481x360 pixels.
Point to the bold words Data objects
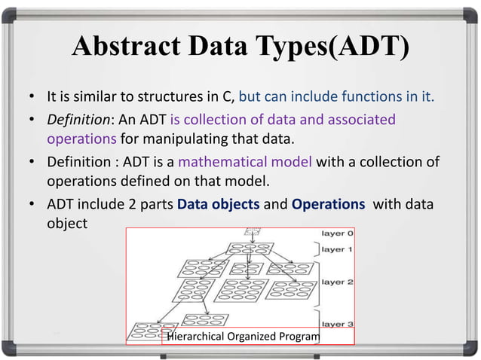pyautogui.click(x=224, y=203)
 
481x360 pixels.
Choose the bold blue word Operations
pyautogui.click(x=329, y=203)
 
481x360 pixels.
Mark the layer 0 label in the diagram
pyautogui.click(x=337, y=233)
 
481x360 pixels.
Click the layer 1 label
pyautogui.click(x=337, y=249)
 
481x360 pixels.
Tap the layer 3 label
pyautogui.click(x=337, y=323)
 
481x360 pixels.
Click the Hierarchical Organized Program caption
pyautogui.click(x=242, y=336)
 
